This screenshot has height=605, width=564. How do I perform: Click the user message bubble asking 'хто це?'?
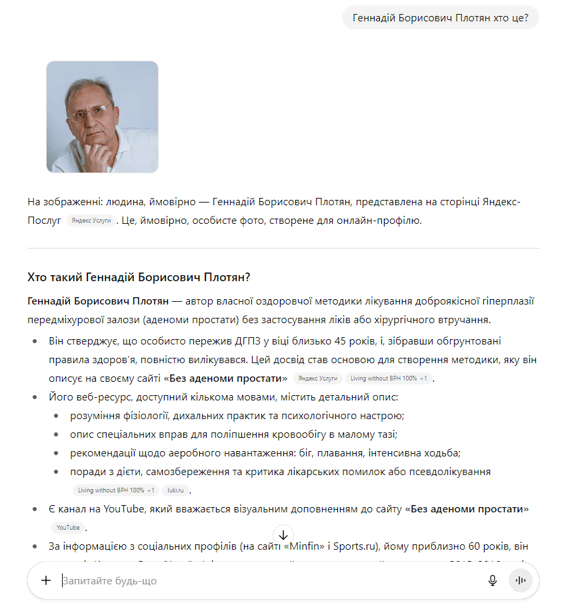[440, 17]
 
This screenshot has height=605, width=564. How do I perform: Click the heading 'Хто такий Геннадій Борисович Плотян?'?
[139, 277]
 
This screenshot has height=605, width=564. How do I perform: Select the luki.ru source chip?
[175, 490]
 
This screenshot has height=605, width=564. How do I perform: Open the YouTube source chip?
[68, 528]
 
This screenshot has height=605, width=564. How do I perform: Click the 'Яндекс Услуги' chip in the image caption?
[91, 220]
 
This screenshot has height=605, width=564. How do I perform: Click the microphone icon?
[493, 580]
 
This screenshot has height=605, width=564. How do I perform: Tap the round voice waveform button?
[521, 580]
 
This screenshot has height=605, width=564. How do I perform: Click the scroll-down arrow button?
[283, 535]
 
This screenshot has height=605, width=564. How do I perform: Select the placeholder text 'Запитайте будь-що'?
[109, 581]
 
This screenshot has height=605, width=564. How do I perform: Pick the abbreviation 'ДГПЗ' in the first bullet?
[217, 341]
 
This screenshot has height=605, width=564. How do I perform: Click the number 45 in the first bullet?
[307, 341]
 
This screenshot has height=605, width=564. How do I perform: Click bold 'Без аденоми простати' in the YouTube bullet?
[466, 509]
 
